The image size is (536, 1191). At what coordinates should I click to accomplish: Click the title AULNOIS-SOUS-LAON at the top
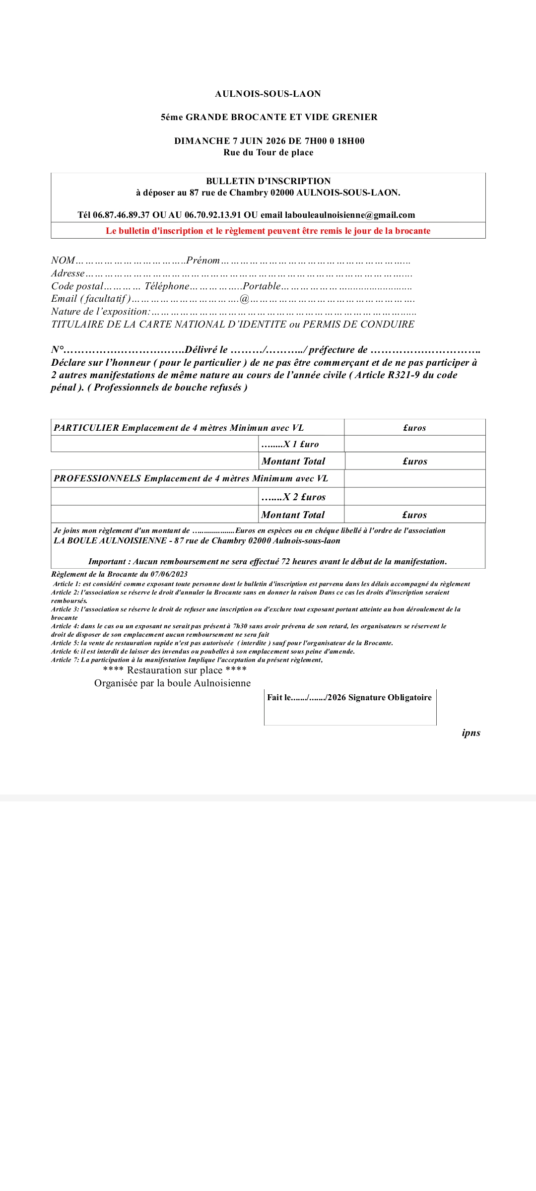click(x=268, y=94)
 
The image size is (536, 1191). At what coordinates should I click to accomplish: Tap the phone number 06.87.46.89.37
click(x=121, y=215)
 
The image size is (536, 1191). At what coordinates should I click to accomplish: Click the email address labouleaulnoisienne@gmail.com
click(x=350, y=215)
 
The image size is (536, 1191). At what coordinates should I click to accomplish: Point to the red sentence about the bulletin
click(x=268, y=231)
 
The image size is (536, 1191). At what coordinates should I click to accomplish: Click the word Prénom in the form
click(x=203, y=261)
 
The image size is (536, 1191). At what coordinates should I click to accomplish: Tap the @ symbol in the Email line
click(x=244, y=299)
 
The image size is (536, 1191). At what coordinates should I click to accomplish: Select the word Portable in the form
click(x=262, y=286)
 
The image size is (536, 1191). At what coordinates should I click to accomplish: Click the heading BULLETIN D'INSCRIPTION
click(x=268, y=181)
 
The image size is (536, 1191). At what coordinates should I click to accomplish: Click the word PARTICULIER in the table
click(x=86, y=428)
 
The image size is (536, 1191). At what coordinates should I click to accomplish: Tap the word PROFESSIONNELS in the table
click(x=97, y=478)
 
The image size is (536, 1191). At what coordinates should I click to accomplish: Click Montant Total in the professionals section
click(x=293, y=515)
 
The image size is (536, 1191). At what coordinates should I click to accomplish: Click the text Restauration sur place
click(x=175, y=670)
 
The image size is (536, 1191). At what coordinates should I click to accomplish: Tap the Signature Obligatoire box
click(x=350, y=707)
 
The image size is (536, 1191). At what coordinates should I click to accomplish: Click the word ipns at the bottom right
click(x=471, y=733)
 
